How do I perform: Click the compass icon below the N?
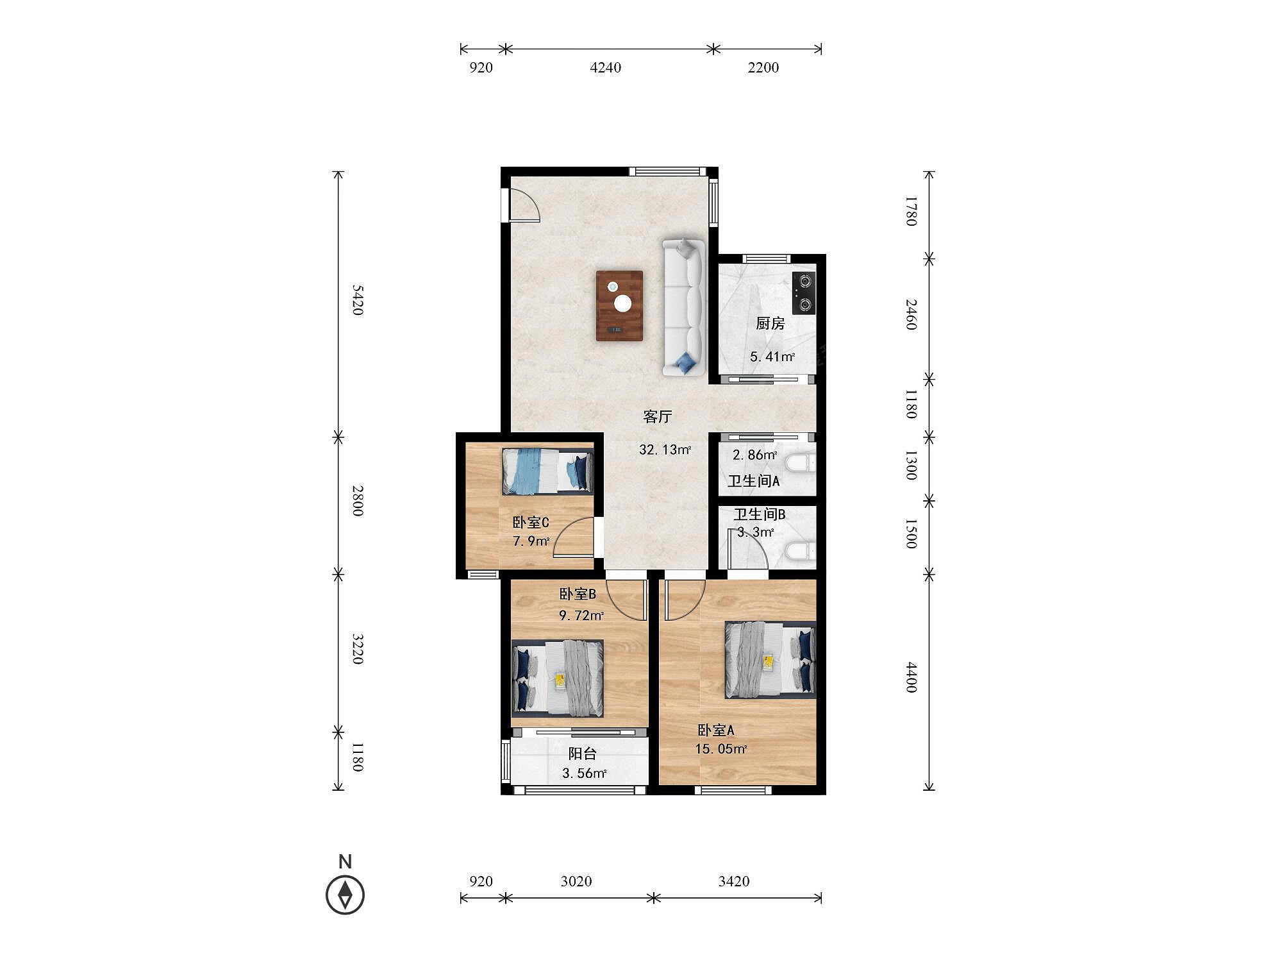tap(345, 895)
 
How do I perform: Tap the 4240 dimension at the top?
tap(605, 67)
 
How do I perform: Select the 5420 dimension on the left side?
tap(358, 300)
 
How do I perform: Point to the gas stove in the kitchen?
tap(804, 293)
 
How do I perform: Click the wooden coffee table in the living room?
tap(619, 305)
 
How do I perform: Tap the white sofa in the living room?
tap(684, 307)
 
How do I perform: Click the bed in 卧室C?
tap(547, 471)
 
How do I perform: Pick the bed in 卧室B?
tap(557, 678)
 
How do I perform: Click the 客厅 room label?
tap(657, 417)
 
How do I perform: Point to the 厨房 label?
tap(770, 323)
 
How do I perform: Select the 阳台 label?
tap(583, 754)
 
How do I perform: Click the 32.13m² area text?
tap(665, 450)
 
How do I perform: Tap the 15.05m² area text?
tap(721, 748)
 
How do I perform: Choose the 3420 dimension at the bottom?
tap(734, 881)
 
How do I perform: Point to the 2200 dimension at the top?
tap(763, 67)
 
